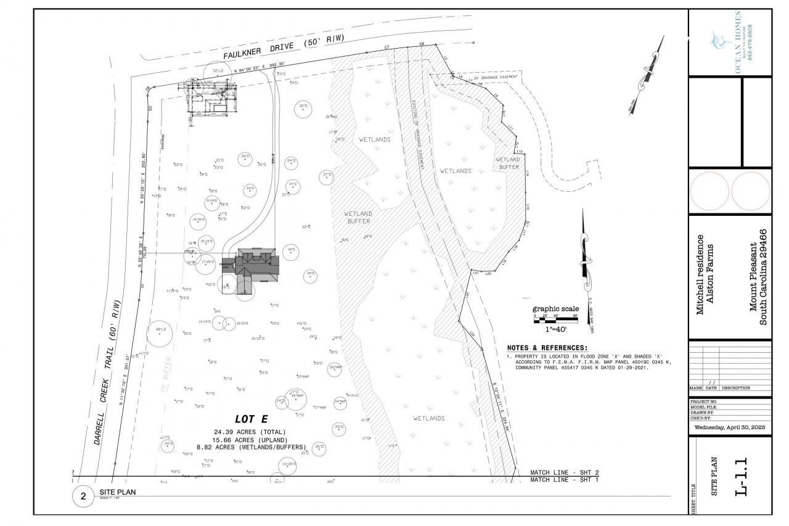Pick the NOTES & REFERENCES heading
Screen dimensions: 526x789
pos(547,348)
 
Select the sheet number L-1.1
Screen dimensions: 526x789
pos(743,475)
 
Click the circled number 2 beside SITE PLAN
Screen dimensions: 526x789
pos(83,497)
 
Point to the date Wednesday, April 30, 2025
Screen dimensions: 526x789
pos(729,427)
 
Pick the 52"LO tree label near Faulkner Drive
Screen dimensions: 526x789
pos(218,71)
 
